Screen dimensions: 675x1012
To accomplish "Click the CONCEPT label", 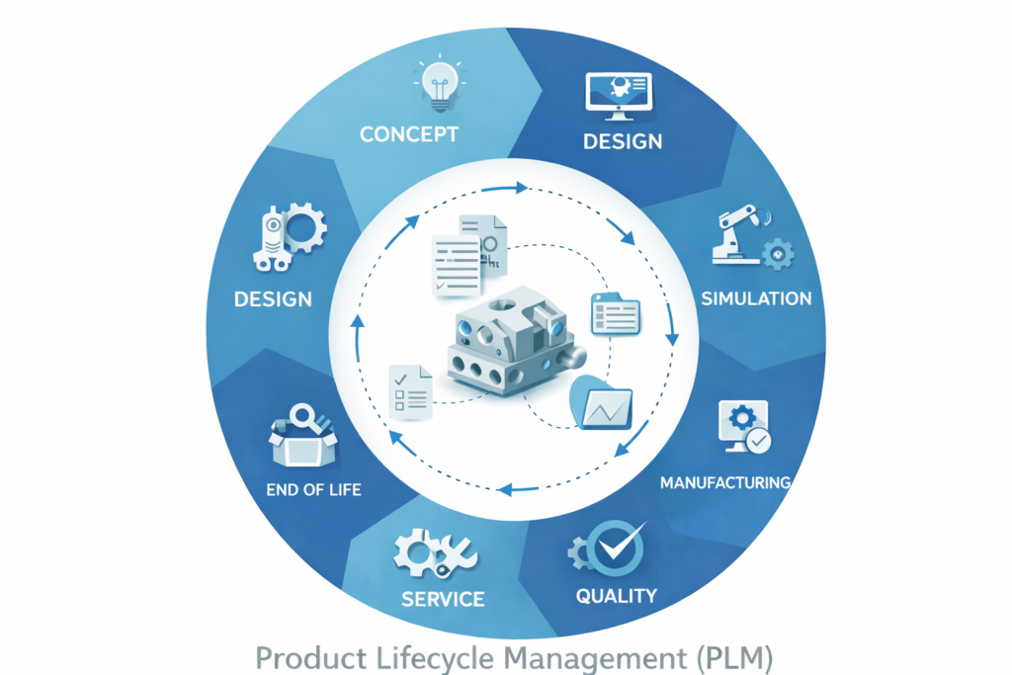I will coord(408,133).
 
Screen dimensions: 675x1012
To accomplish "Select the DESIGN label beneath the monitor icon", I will coord(622,141).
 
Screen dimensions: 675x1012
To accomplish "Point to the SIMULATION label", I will coord(756,298).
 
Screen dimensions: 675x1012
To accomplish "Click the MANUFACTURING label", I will coord(725,483).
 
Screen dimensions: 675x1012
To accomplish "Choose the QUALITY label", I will coord(617,595).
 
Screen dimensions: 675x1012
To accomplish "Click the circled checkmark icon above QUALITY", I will coord(614,548).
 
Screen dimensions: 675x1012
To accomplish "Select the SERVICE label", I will coord(443,599).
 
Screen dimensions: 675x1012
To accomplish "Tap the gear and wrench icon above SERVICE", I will coord(435,552).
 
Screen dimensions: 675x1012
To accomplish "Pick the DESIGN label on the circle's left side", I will coord(274,298).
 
